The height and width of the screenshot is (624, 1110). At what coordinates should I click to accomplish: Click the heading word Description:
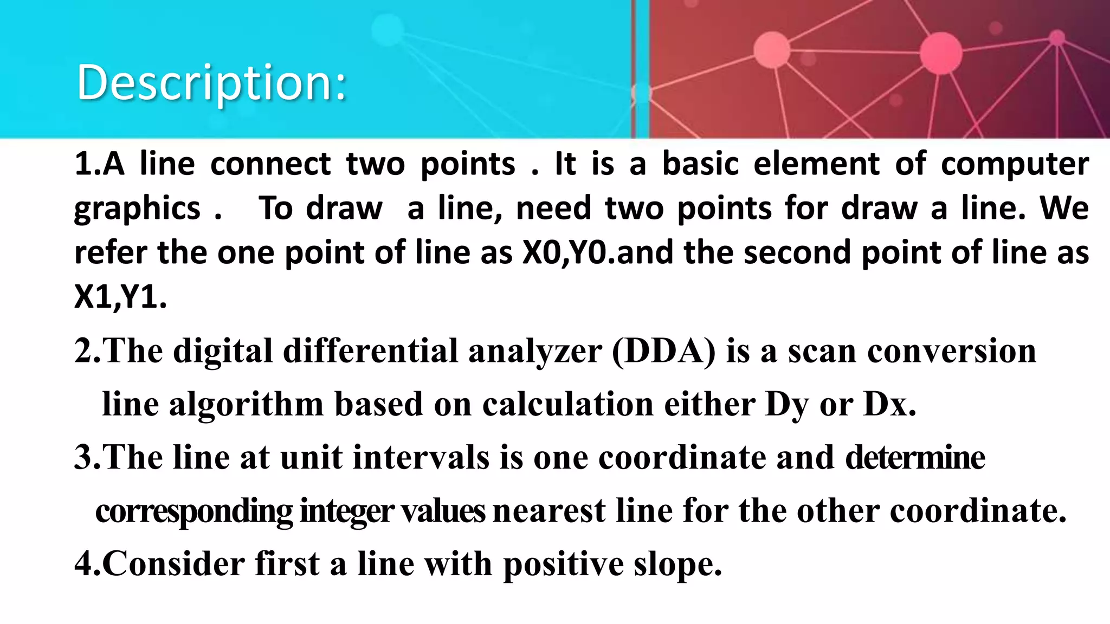[211, 83]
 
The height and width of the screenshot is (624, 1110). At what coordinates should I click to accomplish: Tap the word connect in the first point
[270, 164]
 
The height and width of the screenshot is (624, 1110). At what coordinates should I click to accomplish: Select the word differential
[371, 351]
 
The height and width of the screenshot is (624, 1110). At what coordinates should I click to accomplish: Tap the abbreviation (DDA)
[663, 351]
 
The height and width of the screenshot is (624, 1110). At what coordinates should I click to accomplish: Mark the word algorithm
[246, 405]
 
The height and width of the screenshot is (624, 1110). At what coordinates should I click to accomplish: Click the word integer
[346, 511]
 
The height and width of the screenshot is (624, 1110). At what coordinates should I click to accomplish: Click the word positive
[564, 564]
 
